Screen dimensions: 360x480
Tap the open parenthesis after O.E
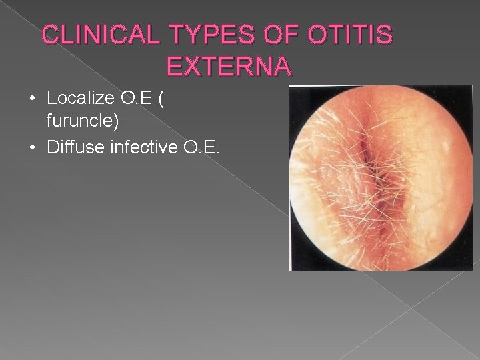(x=159, y=99)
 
